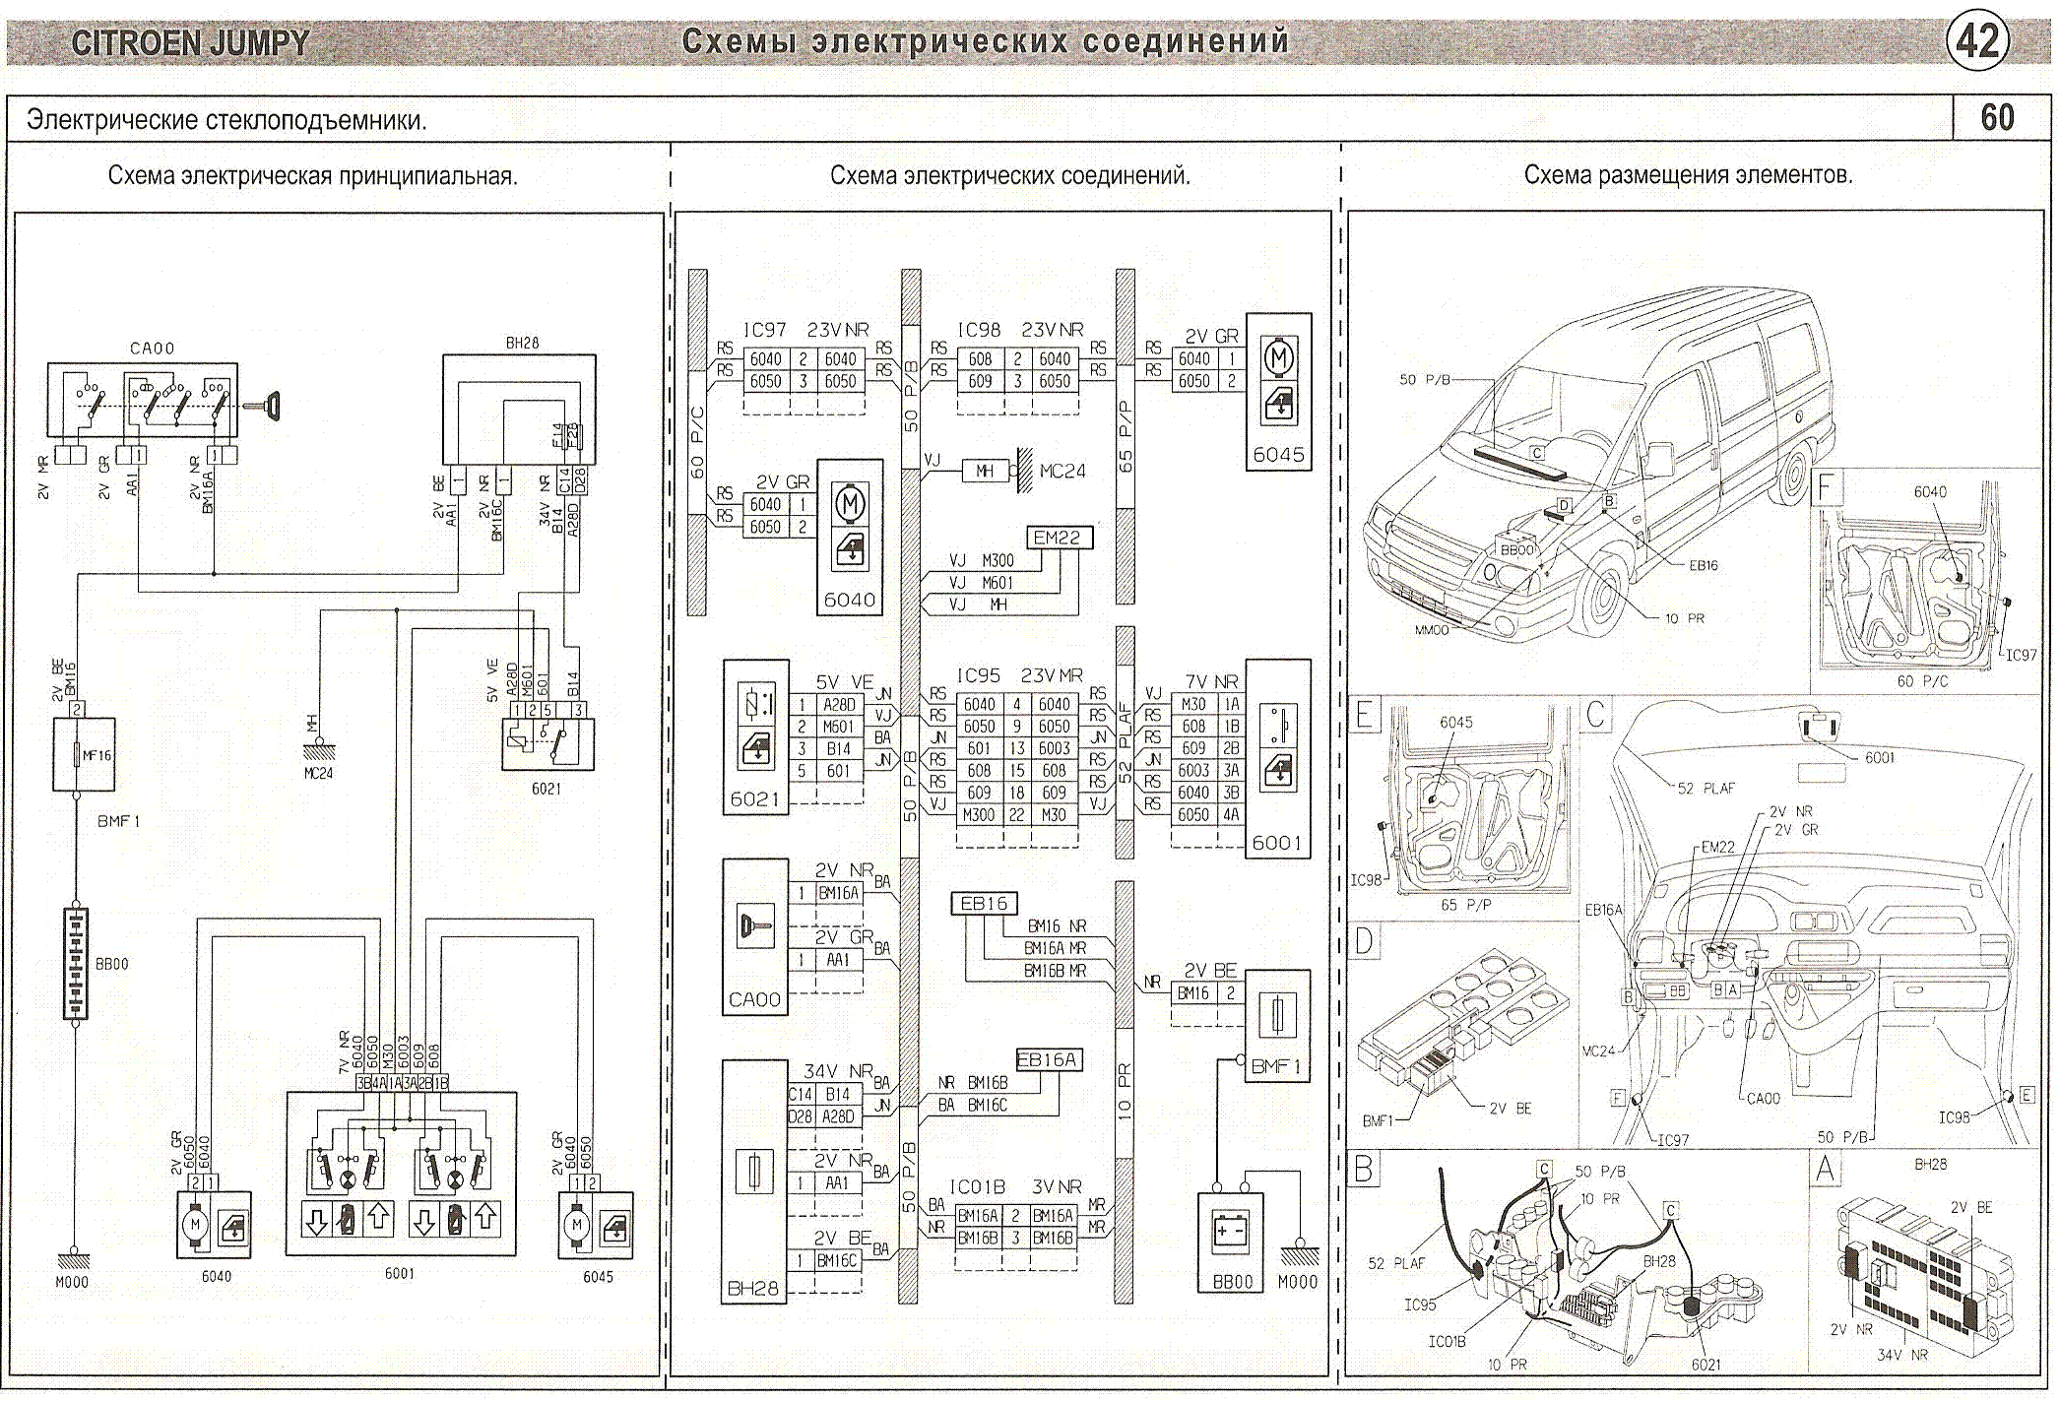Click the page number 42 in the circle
pos(1977,41)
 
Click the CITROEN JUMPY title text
pos(190,43)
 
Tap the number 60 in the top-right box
pos(1996,118)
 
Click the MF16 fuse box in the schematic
pos(84,755)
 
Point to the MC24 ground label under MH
pos(318,774)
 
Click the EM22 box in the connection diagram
pos(1057,538)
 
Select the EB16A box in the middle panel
pos(1048,1059)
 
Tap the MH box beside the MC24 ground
pos(985,472)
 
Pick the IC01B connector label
pos(977,1187)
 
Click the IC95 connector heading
pos(978,676)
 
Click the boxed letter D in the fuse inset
pos(1364,941)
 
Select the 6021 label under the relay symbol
pos(546,789)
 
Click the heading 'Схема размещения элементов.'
pos(1688,175)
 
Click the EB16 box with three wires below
pos(984,903)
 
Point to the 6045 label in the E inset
pos(1455,723)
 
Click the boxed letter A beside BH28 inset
pos(1825,1170)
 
